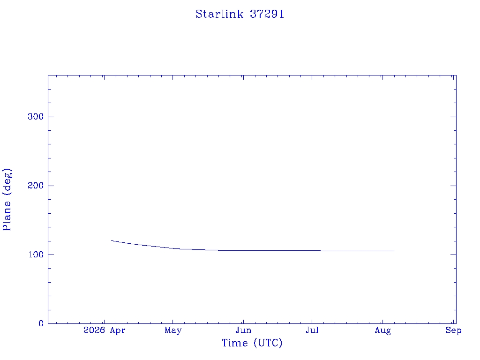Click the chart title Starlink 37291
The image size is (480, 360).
point(240,14)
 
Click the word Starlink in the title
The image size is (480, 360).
point(219,14)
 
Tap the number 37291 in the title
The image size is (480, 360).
point(267,14)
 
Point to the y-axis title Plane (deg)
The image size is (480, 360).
point(7,199)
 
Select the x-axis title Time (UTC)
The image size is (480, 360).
point(252,343)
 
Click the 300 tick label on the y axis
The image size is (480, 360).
point(36,117)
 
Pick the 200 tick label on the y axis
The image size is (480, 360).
point(36,186)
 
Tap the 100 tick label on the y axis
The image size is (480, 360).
point(36,255)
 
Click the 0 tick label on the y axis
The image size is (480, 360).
point(41,323)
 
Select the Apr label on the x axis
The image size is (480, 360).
point(118,330)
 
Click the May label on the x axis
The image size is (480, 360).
point(173,330)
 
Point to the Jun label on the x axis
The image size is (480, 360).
point(243,330)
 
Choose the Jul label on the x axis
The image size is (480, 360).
point(312,330)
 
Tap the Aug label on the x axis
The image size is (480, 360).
point(382,330)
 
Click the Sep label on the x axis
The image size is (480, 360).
point(453,330)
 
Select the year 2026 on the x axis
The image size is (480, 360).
point(94,330)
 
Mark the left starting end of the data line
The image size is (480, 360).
point(111,240)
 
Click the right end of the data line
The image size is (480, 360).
point(394,251)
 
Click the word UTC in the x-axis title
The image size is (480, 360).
point(268,343)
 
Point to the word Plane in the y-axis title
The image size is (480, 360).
point(7,216)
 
